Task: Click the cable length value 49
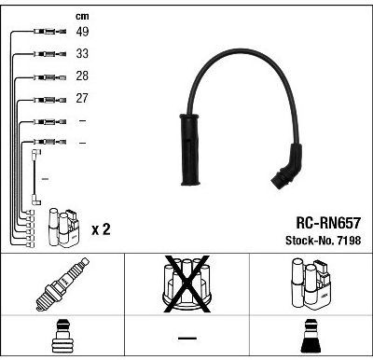tap(82, 32)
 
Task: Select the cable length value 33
tap(82, 53)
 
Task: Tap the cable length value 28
tap(82, 76)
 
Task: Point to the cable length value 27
tap(82, 98)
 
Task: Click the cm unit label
tap(82, 16)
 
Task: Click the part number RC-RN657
tap(328, 223)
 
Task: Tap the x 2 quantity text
tap(101, 229)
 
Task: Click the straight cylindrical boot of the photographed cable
tap(189, 150)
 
